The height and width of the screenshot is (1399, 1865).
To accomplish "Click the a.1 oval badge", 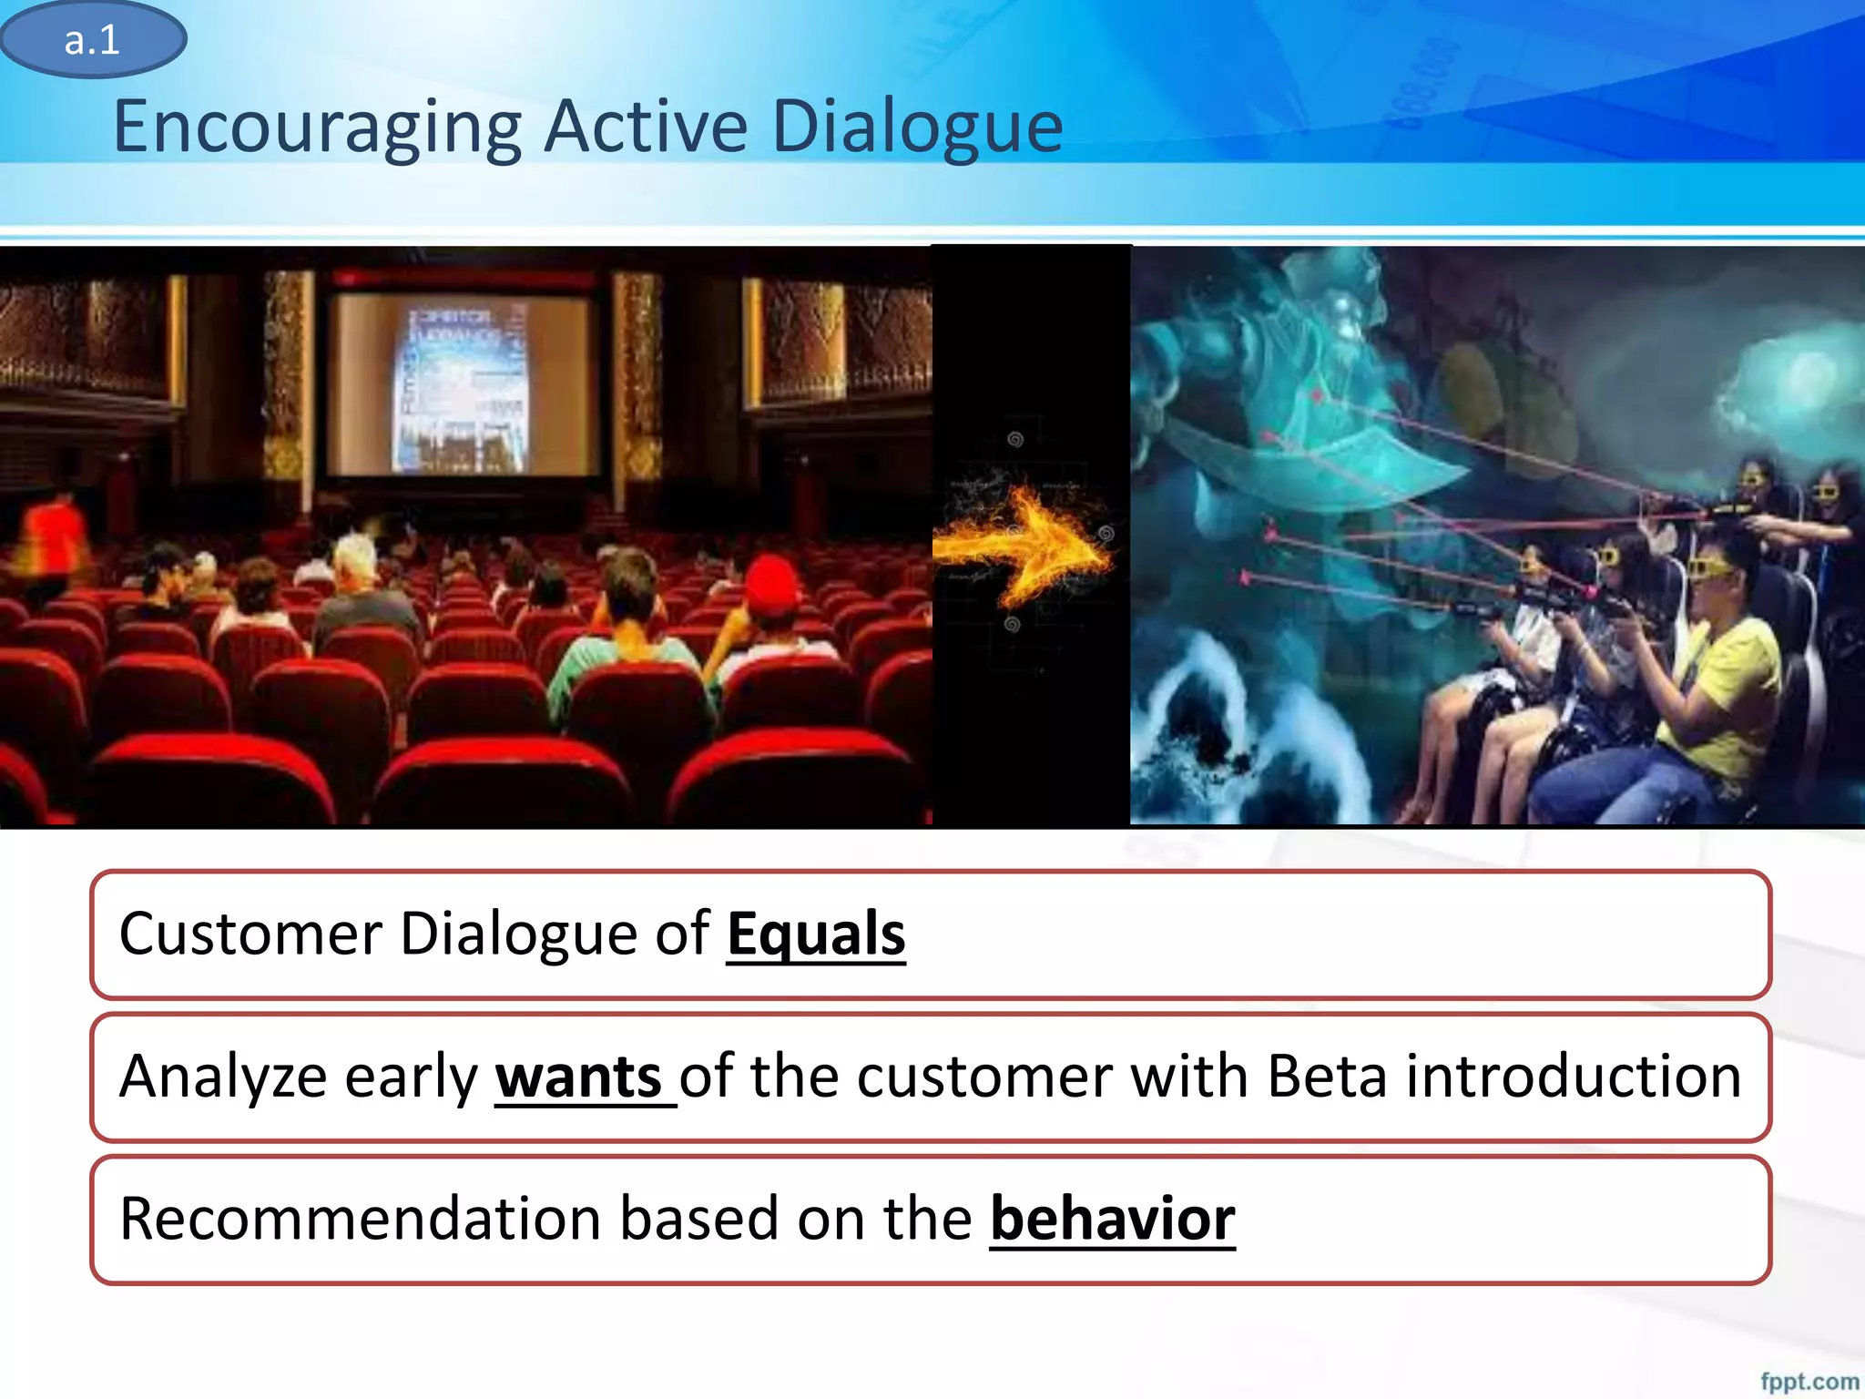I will [93, 40].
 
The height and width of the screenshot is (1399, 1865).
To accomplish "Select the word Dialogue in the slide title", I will [917, 128].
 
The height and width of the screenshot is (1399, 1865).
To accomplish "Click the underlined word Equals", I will [816, 934].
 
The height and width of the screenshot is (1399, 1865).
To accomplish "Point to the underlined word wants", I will [579, 1077].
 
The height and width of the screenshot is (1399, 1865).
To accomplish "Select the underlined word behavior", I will [1112, 1219].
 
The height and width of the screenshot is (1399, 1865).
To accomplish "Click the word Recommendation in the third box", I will [360, 1219].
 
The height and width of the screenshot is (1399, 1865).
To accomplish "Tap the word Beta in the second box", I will [1327, 1077].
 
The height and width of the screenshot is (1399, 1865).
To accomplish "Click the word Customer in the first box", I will [250, 934].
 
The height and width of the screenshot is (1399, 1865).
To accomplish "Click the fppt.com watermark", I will [1809, 1381].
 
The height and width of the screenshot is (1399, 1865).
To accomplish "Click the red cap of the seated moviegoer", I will [772, 582].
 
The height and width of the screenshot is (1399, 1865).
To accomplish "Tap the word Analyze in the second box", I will [223, 1077].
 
